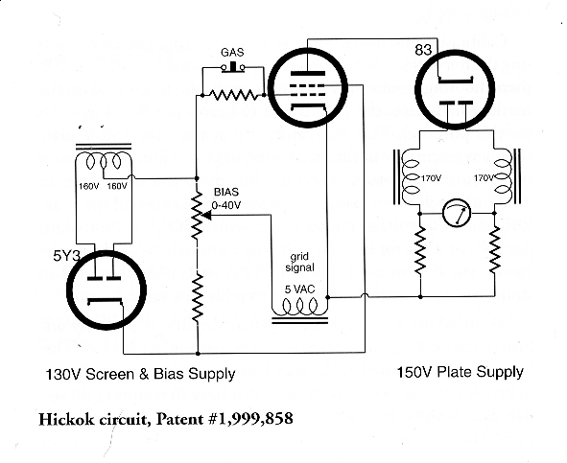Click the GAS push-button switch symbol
tap(233, 67)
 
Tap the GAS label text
tap(232, 53)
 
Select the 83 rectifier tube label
tap(423, 50)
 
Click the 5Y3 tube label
tap(66, 256)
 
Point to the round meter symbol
tap(457, 213)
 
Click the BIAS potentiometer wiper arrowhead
tap(207, 215)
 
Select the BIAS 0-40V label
tap(226, 198)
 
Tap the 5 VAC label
tap(299, 289)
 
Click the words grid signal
tap(299, 263)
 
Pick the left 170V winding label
tap(431, 178)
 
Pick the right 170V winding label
tap(484, 178)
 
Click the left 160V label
tap(89, 187)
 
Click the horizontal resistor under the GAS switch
tap(233, 95)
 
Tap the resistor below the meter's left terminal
tap(420, 250)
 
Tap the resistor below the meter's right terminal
tap(495, 250)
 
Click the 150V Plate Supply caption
tap(461, 372)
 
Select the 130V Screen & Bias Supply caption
tap(140, 374)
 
